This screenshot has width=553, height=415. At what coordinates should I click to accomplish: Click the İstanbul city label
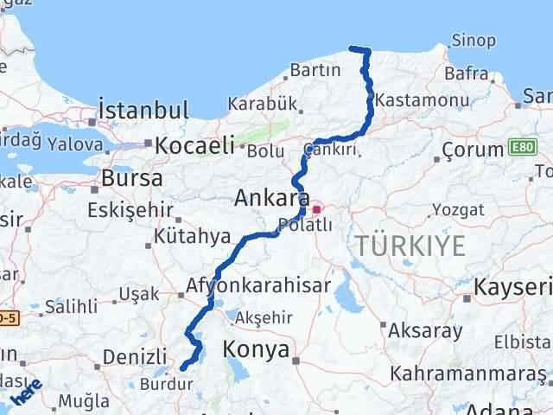143,111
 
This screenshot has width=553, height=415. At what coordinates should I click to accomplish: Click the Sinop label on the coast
474,41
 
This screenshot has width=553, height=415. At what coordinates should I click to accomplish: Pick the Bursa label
131,179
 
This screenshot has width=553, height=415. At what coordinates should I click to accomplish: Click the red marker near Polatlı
316,208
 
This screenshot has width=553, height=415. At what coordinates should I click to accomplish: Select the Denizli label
134,356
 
